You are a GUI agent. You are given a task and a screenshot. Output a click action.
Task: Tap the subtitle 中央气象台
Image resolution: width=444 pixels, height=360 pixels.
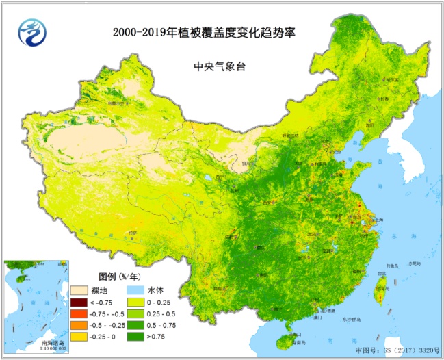tap(217, 67)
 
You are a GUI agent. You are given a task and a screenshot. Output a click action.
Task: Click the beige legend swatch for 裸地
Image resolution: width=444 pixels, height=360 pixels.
tap(79, 290)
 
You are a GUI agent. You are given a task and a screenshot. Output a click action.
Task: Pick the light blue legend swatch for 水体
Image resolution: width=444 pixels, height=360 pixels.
tap(135, 290)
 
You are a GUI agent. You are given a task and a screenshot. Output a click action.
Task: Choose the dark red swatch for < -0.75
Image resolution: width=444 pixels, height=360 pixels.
tap(79, 303)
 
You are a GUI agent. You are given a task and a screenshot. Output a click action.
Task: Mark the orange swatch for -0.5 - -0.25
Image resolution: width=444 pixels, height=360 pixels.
tap(79, 324)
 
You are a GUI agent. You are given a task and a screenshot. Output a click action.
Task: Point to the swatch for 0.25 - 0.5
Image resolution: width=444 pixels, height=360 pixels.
tap(135, 313)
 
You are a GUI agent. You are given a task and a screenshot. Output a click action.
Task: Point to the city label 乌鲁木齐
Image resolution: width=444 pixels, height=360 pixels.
tap(118, 104)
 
